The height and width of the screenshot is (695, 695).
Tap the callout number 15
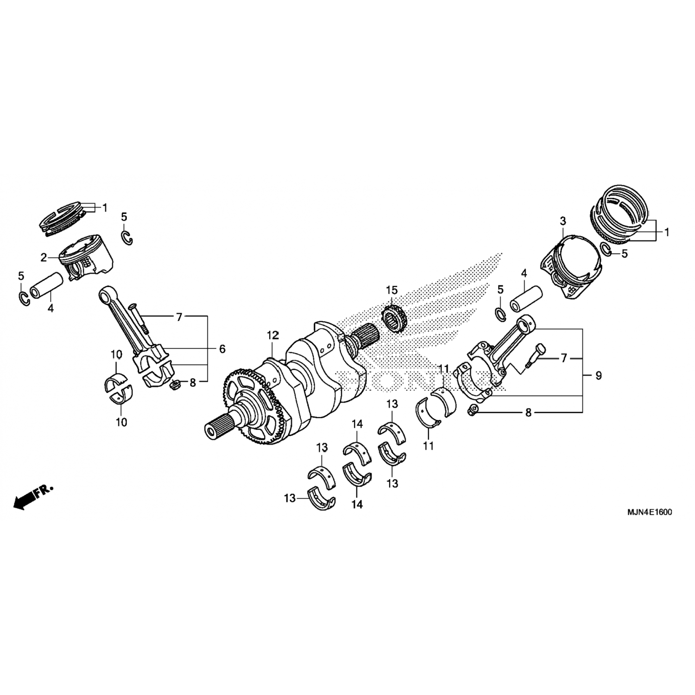(x=392, y=291)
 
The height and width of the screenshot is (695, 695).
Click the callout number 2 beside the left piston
(x=44, y=258)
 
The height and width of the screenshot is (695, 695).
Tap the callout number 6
(x=222, y=349)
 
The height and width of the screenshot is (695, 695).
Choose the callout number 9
(x=599, y=376)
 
